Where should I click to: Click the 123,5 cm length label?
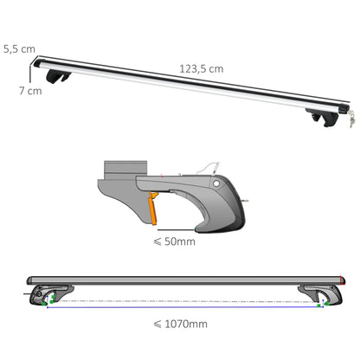tap(200, 67)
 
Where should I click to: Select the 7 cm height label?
tap(34, 90)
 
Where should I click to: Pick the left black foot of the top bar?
tap(61, 79)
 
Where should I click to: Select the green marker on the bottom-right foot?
tap(321, 303)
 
